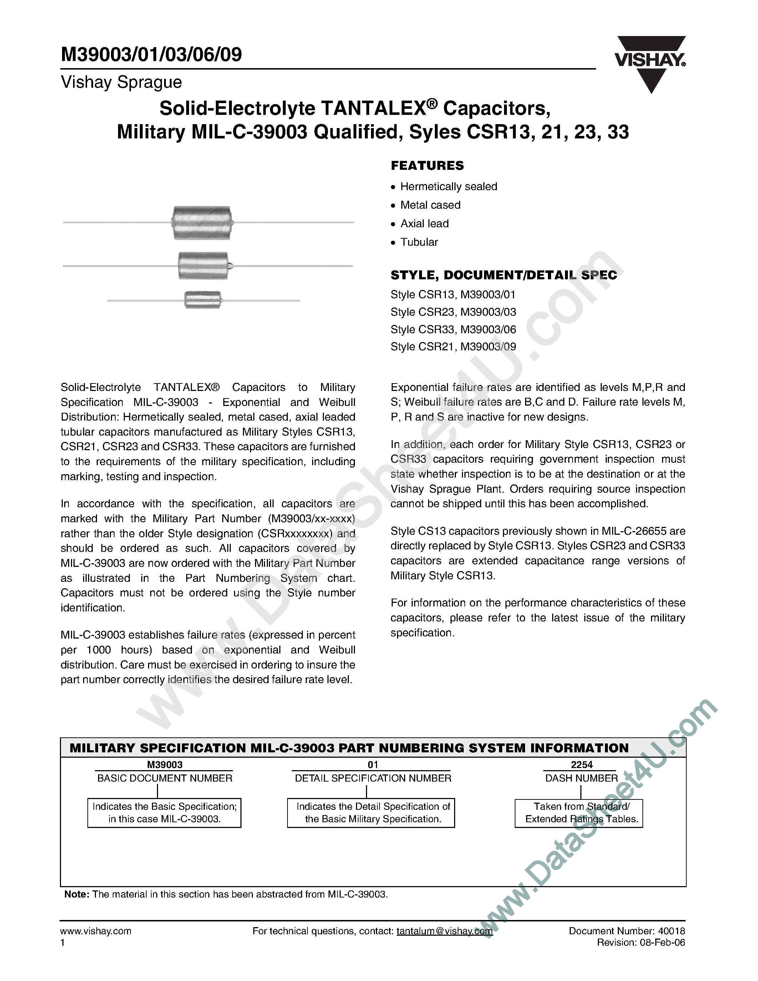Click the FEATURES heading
(x=427, y=166)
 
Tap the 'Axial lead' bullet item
(x=424, y=224)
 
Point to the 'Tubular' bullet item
(x=419, y=242)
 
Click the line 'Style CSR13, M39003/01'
(x=453, y=295)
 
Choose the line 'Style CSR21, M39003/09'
(x=453, y=347)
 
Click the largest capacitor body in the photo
(x=202, y=222)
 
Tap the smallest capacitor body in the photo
(x=203, y=300)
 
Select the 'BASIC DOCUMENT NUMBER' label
(x=165, y=778)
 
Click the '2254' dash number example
(x=581, y=765)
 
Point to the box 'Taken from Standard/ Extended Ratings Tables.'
(x=579, y=813)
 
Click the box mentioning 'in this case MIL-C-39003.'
(x=164, y=813)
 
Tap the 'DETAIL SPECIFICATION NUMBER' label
(x=373, y=778)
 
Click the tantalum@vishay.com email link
(x=444, y=931)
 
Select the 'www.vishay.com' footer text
(x=96, y=931)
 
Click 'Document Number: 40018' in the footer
(x=627, y=931)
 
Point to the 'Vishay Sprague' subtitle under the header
(x=121, y=82)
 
